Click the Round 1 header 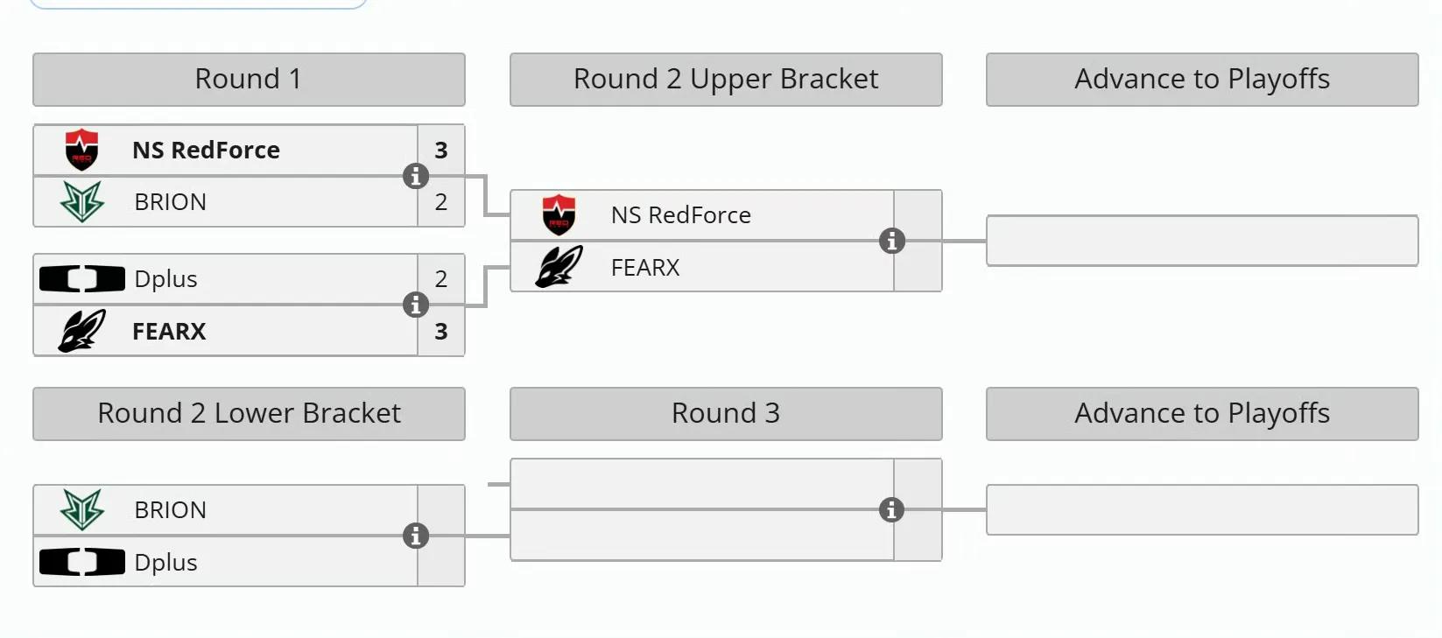pos(249,79)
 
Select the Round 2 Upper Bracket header pos(726,79)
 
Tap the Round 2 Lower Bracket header pos(249,413)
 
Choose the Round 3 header pos(726,413)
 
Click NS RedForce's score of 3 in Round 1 pos(441,150)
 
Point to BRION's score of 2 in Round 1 pos(441,202)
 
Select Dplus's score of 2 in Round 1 pos(441,279)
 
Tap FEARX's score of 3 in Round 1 pos(441,332)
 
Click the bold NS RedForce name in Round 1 pos(206,150)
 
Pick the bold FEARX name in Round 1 pos(169,332)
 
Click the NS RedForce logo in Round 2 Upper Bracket pos(559,215)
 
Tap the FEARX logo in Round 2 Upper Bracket pos(559,267)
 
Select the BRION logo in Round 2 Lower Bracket pos(81,510)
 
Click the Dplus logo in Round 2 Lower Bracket pos(81,562)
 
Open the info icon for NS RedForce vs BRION pos(416,176)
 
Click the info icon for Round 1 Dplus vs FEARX pos(416,305)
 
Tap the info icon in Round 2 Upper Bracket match pos(892,241)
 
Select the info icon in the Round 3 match pos(891,510)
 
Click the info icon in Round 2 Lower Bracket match pos(416,536)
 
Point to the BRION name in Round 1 pos(170,202)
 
